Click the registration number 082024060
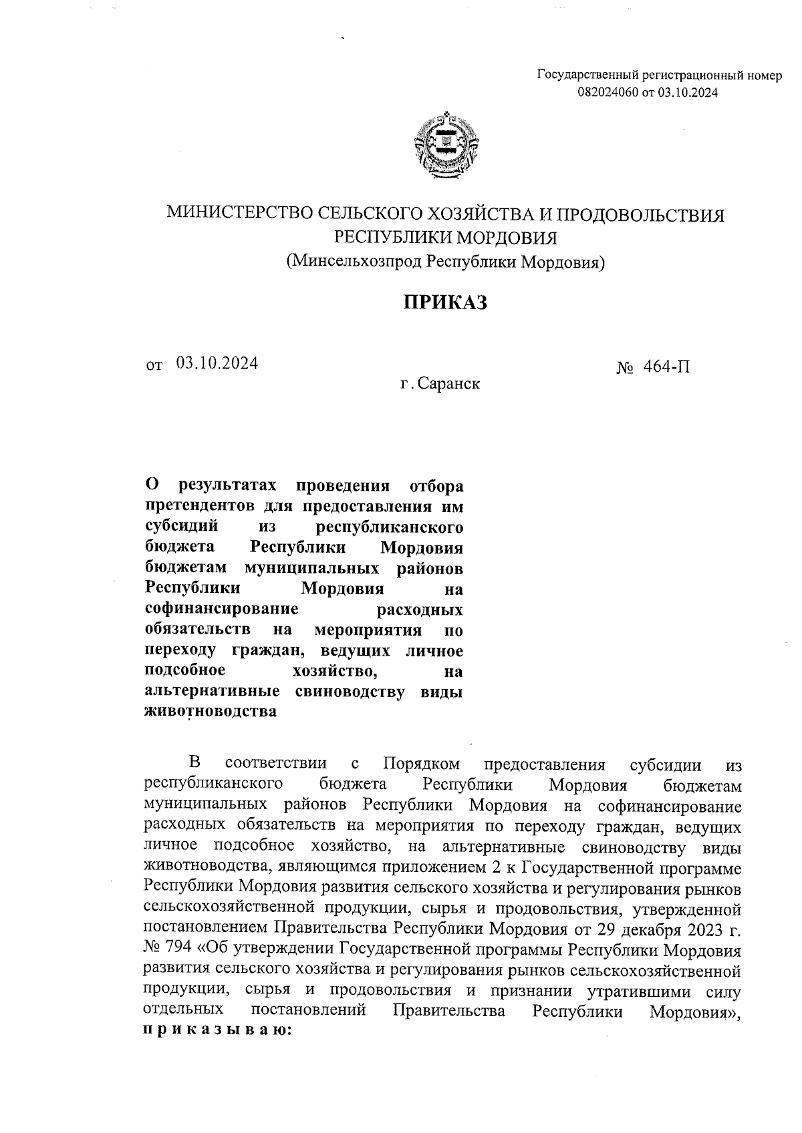click(x=608, y=93)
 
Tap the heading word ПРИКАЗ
click(x=445, y=302)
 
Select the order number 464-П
click(x=668, y=366)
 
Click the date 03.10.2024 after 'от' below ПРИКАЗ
click(x=217, y=363)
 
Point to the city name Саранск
click(x=448, y=385)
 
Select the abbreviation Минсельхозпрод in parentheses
click(x=355, y=261)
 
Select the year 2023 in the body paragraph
click(x=699, y=929)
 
